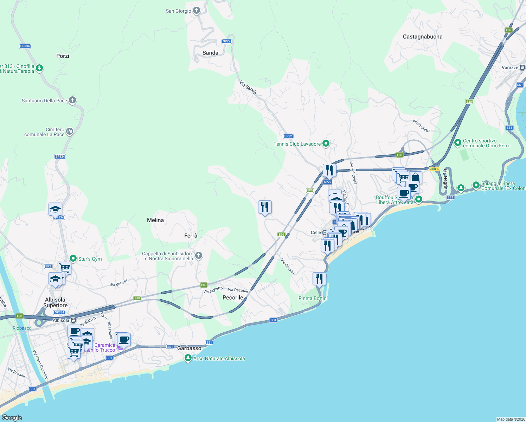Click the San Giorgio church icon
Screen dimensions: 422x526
[x=197, y=11]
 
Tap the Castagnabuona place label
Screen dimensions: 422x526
[x=423, y=37]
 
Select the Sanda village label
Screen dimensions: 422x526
[x=210, y=53]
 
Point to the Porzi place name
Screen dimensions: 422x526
[x=63, y=56]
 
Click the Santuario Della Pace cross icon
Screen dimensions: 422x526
[x=72, y=100]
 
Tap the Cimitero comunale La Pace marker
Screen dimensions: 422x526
[x=70, y=132]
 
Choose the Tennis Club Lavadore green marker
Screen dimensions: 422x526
[x=326, y=143]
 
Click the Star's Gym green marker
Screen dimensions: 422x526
[x=73, y=258]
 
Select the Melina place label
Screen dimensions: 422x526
[x=155, y=220]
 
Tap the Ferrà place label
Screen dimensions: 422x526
[x=191, y=236]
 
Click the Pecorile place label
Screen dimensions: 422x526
[x=233, y=298]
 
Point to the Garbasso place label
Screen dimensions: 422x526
[x=189, y=348]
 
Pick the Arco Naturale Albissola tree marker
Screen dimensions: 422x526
[x=188, y=358]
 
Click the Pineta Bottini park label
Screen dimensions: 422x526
[x=313, y=298]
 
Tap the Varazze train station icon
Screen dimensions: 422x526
[x=522, y=67]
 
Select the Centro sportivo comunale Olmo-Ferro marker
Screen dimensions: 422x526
[x=458, y=143]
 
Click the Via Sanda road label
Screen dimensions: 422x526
[x=248, y=88]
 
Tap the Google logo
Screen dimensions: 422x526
[x=12, y=418]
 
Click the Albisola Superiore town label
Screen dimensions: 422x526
[x=55, y=302]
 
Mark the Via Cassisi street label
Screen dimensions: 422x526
[x=287, y=266]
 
